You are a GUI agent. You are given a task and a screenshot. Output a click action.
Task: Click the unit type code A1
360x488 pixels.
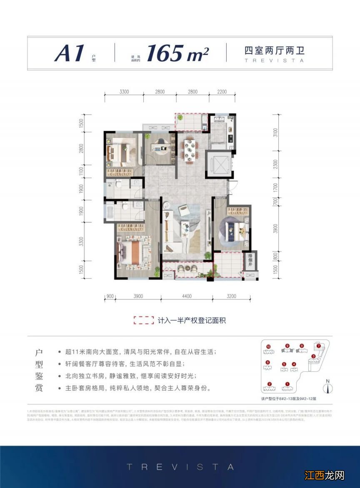click(70, 53)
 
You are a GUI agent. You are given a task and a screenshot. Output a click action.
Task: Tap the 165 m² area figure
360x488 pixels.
click(177, 53)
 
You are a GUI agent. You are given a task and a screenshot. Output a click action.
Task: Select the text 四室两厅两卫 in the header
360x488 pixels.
click(273, 51)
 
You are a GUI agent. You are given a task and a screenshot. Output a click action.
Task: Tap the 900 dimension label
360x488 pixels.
click(110, 296)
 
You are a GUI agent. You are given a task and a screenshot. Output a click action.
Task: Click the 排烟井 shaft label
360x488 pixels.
click(251, 259)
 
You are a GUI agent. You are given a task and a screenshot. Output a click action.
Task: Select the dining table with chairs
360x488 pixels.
click(190, 149)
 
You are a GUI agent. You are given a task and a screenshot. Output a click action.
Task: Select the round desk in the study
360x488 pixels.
click(158, 146)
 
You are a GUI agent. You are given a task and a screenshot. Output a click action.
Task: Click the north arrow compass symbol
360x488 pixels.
click(329, 388)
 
